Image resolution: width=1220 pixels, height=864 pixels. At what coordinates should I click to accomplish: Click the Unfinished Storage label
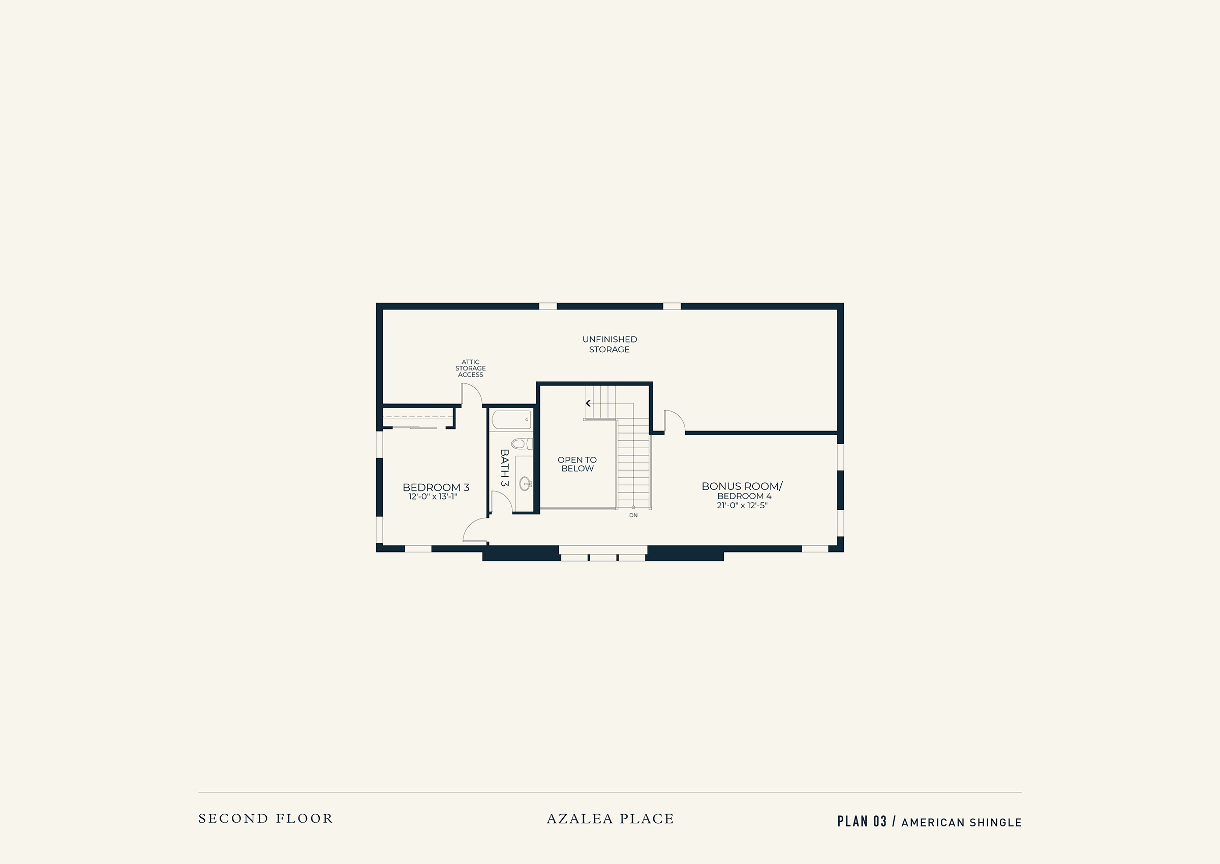pos(609,344)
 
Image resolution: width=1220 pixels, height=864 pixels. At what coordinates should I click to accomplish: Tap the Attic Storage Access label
pos(470,368)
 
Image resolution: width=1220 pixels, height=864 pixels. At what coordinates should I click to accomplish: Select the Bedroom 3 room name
pos(436,487)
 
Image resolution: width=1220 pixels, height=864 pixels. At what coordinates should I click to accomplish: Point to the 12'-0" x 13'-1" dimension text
pos(433,497)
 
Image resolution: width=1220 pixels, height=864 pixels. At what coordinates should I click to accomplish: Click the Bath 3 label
pos(504,468)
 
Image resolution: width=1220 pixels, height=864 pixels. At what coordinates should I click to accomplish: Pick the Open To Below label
pos(577,464)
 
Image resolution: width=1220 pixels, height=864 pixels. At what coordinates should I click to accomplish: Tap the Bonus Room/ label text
pos(742,486)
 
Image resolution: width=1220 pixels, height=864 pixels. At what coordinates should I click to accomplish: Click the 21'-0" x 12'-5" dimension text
pos(742,505)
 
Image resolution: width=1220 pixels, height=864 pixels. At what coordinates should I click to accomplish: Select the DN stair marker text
pos(633,515)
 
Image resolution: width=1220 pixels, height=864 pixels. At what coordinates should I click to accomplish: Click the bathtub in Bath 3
pos(511,420)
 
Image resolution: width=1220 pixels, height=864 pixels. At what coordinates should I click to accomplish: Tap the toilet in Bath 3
pos(522,443)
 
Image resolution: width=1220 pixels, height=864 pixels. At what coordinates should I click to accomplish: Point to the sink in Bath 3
pos(525,484)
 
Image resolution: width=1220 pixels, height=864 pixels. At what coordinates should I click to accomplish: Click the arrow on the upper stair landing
pos(589,403)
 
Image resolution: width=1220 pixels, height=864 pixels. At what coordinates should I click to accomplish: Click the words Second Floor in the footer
pos(265,818)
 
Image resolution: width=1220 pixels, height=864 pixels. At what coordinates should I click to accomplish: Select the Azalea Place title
pos(611,818)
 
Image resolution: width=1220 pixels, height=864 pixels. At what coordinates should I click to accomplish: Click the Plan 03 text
pos(862,821)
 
